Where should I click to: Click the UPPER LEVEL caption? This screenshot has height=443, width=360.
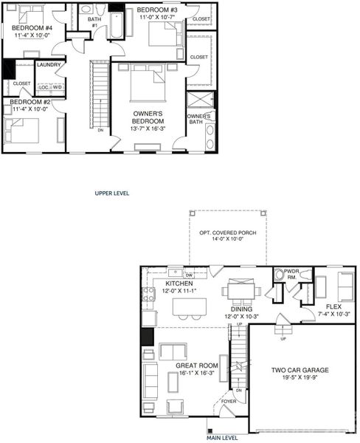coord(112,193)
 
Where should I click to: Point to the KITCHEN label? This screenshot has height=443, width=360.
coord(179,284)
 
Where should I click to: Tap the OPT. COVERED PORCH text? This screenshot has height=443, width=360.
coord(227,233)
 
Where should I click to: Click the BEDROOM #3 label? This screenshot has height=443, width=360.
coord(157,11)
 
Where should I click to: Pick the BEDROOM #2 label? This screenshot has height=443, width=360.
coord(30,102)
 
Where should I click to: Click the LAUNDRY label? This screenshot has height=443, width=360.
coord(49,65)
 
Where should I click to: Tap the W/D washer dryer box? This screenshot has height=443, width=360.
coord(57,87)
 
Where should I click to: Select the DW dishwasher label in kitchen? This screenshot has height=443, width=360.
coord(189,275)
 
